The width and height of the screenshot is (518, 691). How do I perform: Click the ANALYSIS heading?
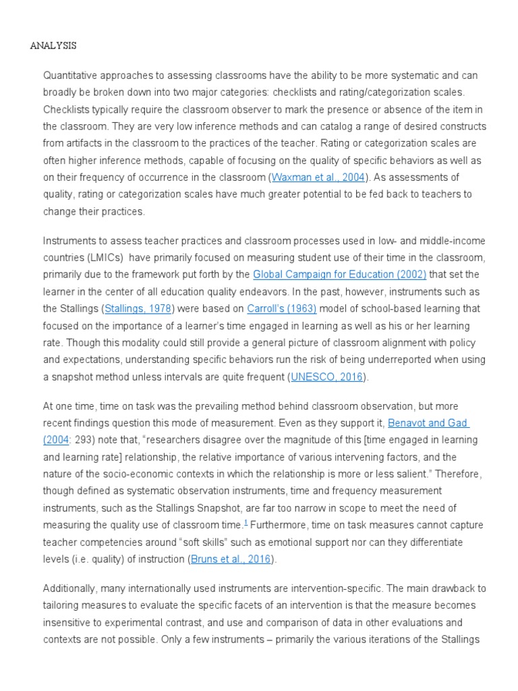click(x=53, y=46)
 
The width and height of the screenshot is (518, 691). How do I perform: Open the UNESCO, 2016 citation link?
click(x=327, y=377)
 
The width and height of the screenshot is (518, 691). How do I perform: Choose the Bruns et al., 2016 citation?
click(x=231, y=558)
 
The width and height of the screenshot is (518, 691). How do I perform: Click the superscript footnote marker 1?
click(x=246, y=522)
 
